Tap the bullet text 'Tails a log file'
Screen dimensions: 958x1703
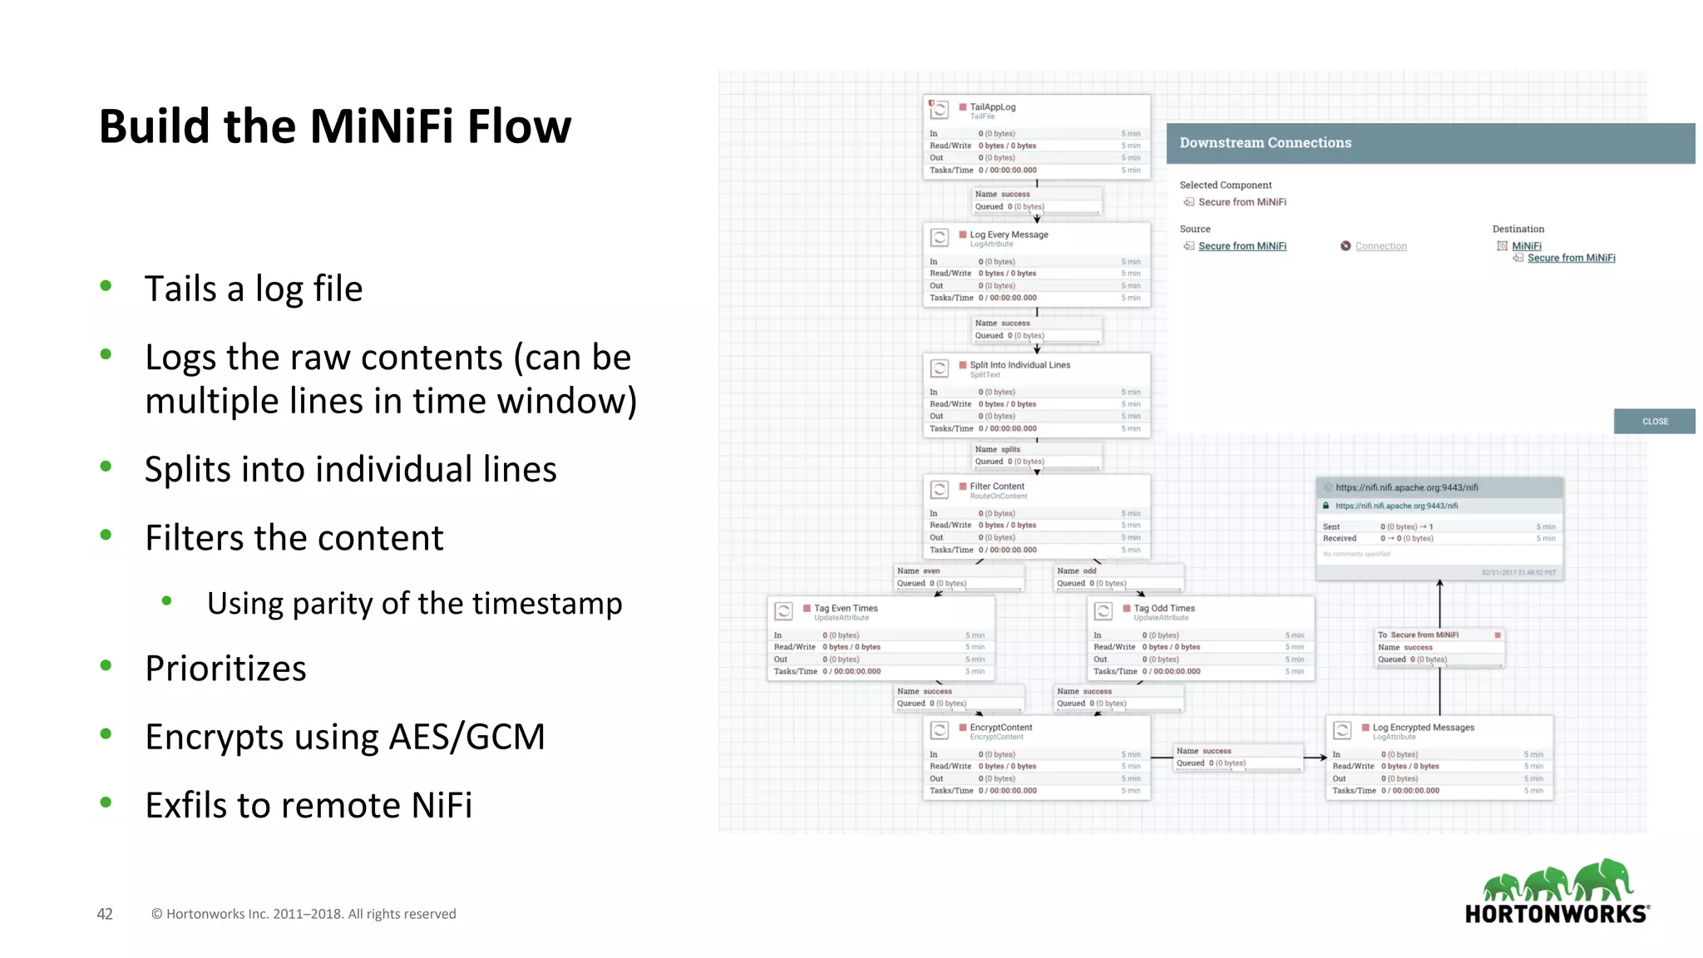pos(253,289)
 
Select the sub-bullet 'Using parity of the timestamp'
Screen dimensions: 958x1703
pos(414,603)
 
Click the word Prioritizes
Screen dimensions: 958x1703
pos(225,668)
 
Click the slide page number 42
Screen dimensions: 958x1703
pos(105,914)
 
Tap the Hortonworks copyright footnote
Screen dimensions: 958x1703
pos(304,914)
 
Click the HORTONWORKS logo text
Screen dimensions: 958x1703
pos(1556,914)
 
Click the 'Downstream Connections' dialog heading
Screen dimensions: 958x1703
pos(1265,143)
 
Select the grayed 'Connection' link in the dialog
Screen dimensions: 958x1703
pos(1380,246)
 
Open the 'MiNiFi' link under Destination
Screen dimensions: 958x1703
pos(1526,246)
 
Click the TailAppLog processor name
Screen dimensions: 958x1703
pos(992,107)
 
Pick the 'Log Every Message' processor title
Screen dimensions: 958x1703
pos(1009,235)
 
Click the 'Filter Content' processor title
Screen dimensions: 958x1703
pos(997,486)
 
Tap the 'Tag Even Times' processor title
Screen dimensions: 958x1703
pos(846,608)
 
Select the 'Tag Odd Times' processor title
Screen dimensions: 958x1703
pos(1164,608)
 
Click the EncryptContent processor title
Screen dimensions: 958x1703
pos(1000,727)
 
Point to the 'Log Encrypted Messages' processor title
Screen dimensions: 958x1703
pos(1423,727)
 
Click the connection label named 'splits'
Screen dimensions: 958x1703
pos(1009,449)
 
